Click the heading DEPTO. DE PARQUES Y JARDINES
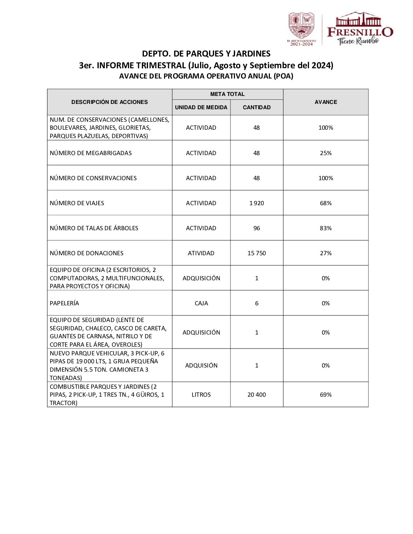click(x=206, y=54)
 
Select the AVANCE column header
click(x=326, y=102)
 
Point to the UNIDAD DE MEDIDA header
click(x=201, y=107)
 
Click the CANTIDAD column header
click(x=257, y=107)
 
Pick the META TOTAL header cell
click(x=227, y=94)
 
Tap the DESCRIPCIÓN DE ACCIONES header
click(x=109, y=102)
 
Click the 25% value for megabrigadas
click(x=326, y=153)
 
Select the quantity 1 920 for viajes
click(x=257, y=203)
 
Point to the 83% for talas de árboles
click(x=326, y=228)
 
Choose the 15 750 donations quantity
click(x=257, y=253)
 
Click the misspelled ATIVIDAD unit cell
click(x=201, y=253)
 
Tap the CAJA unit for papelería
click(x=201, y=303)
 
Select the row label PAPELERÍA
click(x=65, y=303)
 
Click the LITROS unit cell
click(x=201, y=394)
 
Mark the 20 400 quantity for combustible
click(x=257, y=394)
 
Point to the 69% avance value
click(x=326, y=394)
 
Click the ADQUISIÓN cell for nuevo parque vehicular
click(x=201, y=365)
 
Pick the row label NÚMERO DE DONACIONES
click(x=87, y=253)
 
